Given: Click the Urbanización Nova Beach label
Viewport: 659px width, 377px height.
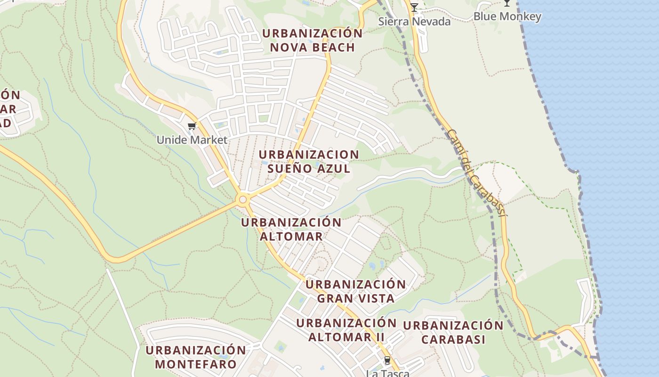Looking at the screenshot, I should pyautogui.click(x=312, y=41).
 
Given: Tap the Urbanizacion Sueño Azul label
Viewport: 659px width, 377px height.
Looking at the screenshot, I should pyautogui.click(x=309, y=162).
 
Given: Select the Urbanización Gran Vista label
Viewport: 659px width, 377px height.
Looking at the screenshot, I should pyautogui.click(x=355, y=291).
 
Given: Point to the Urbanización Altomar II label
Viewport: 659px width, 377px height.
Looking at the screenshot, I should pyautogui.click(x=346, y=330).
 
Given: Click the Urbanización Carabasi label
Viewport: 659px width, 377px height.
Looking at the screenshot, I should pyautogui.click(x=453, y=332).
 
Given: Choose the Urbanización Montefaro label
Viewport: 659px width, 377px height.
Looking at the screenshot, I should pyautogui.click(x=195, y=357).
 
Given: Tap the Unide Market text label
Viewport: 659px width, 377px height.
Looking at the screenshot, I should pyautogui.click(x=192, y=140).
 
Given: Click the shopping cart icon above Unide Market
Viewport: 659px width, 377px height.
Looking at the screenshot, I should pyautogui.click(x=192, y=126).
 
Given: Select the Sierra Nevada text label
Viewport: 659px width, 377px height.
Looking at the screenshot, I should pyautogui.click(x=414, y=22).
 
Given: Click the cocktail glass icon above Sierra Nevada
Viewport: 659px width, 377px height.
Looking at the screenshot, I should pyautogui.click(x=414, y=8).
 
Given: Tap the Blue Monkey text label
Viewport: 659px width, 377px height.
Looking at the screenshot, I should pyautogui.click(x=507, y=16).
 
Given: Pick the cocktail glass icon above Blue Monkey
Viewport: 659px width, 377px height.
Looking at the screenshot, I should pyautogui.click(x=506, y=3).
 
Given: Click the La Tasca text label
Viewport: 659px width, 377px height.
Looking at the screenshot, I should pyautogui.click(x=387, y=373).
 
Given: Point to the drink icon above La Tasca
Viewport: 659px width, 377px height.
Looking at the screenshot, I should pyautogui.click(x=387, y=361).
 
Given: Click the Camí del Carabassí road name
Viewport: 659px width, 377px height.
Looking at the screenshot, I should pyautogui.click(x=476, y=173).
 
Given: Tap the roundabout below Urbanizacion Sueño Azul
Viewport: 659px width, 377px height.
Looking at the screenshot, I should pyautogui.click(x=243, y=200).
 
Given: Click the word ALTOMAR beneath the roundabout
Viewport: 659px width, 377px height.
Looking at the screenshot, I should pyautogui.click(x=291, y=236).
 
